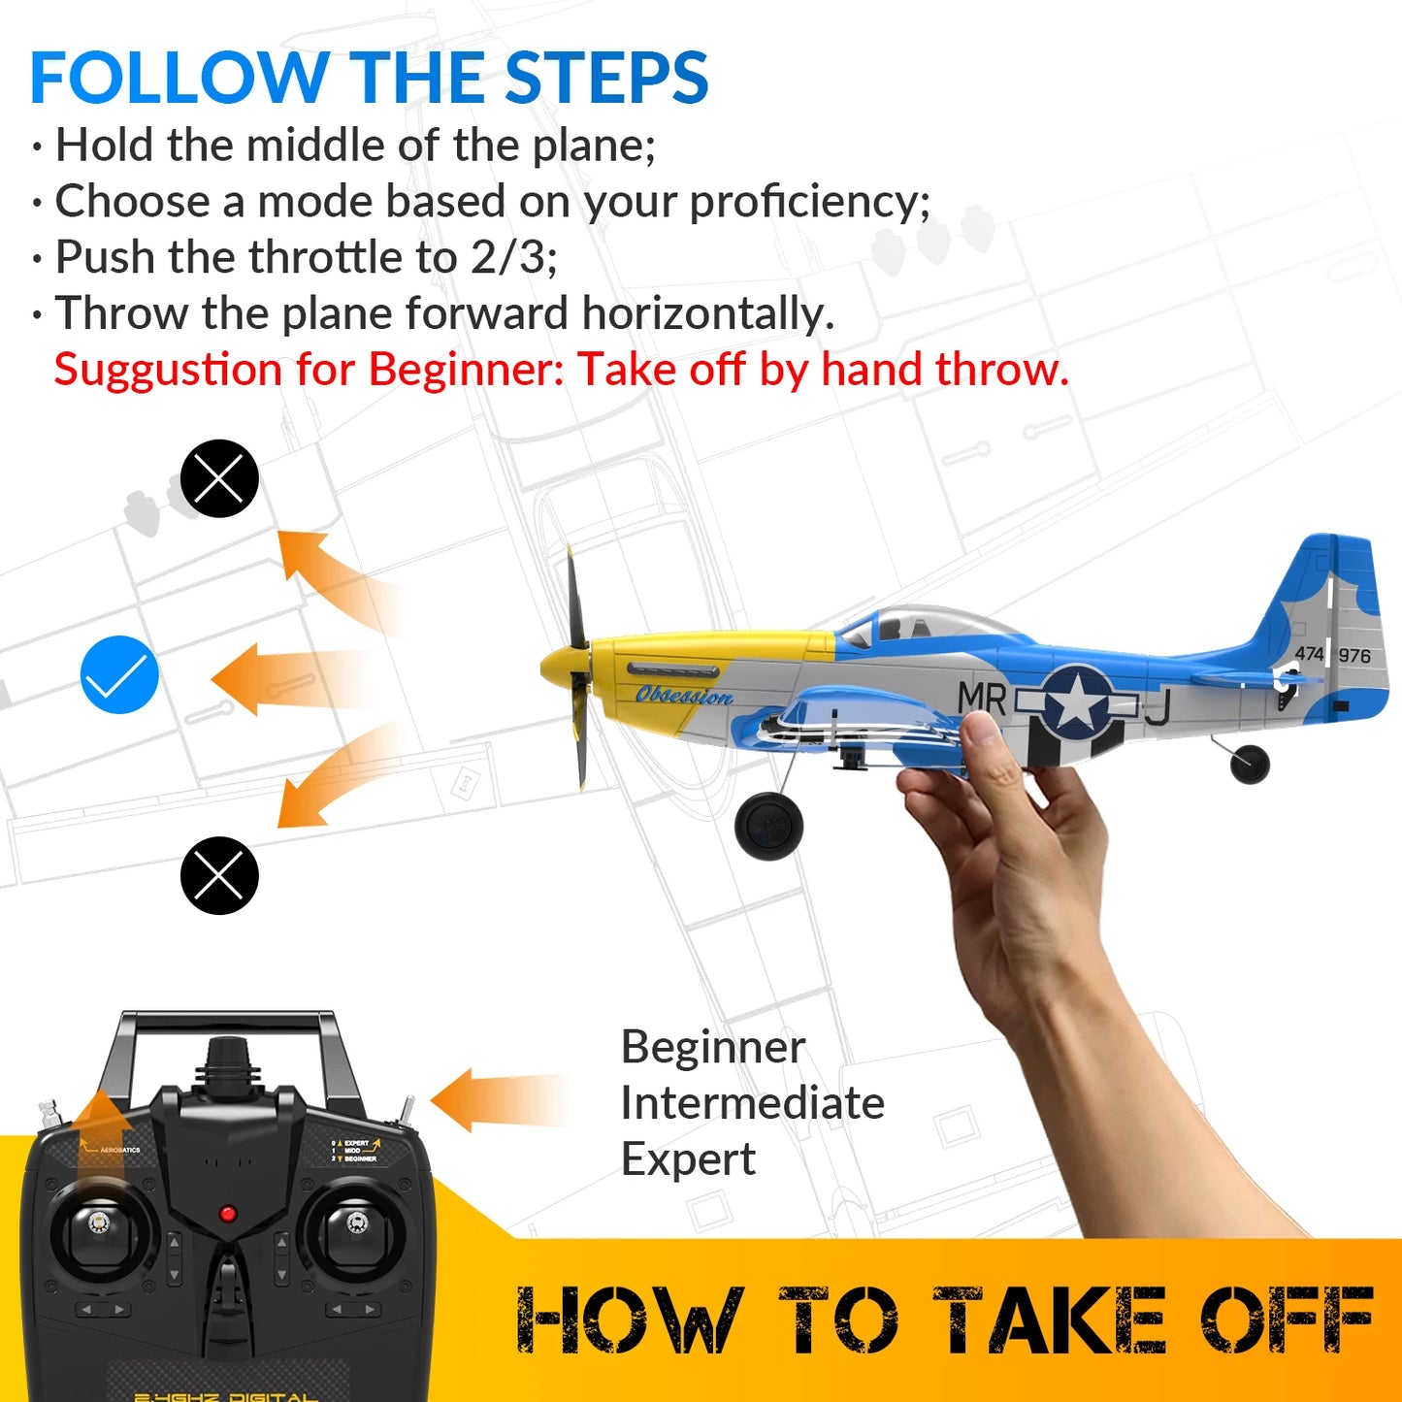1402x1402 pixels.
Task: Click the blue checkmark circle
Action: (x=119, y=675)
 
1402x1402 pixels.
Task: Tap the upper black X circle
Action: (x=219, y=478)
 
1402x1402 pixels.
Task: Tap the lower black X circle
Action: (x=219, y=875)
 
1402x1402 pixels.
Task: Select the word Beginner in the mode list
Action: (x=713, y=1047)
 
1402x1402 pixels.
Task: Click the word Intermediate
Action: (x=752, y=1103)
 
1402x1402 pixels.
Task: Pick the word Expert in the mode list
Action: (x=688, y=1159)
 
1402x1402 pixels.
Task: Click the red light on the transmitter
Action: (x=228, y=1214)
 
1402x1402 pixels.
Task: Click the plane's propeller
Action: (x=577, y=669)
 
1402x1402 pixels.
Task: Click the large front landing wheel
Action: (x=768, y=826)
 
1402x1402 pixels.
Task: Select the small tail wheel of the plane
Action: (x=1250, y=764)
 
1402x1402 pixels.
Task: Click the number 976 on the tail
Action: (x=1354, y=656)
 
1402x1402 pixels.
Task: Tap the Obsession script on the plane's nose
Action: (x=684, y=696)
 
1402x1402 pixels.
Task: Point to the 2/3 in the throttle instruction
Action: (x=511, y=258)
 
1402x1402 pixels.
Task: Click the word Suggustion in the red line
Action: (x=169, y=370)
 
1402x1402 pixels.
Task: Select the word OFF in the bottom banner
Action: (x=1287, y=1320)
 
